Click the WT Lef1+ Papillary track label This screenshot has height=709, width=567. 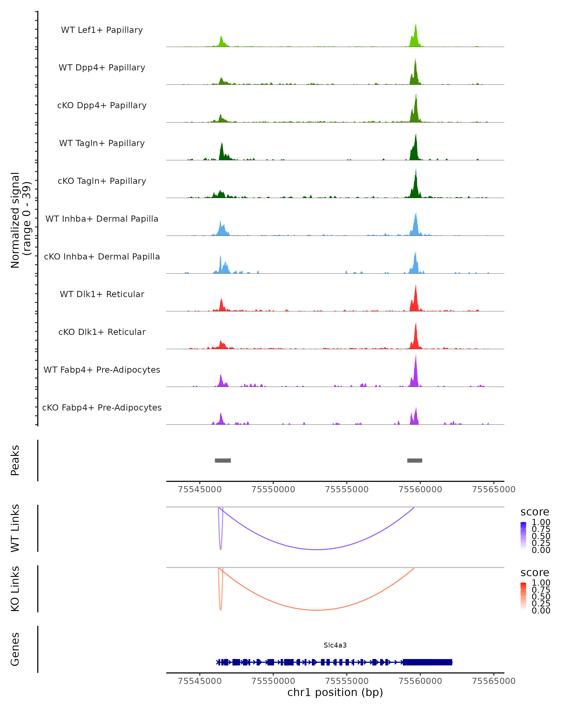pos(102,30)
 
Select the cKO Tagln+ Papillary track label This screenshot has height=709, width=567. pos(102,181)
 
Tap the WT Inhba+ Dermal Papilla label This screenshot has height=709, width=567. pos(102,219)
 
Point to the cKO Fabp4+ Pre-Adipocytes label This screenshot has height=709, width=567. pos(102,407)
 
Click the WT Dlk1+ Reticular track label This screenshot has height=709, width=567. pos(102,294)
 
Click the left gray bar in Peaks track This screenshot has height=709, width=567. pos(223,460)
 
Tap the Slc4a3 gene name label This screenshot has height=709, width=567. pos(335,645)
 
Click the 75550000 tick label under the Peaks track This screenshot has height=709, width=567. pos(273,489)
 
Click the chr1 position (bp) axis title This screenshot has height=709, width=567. pos(335,692)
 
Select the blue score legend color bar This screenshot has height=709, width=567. pos(523,535)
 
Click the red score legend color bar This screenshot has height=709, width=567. pos(523,596)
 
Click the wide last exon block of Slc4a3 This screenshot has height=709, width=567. pos(427,662)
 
